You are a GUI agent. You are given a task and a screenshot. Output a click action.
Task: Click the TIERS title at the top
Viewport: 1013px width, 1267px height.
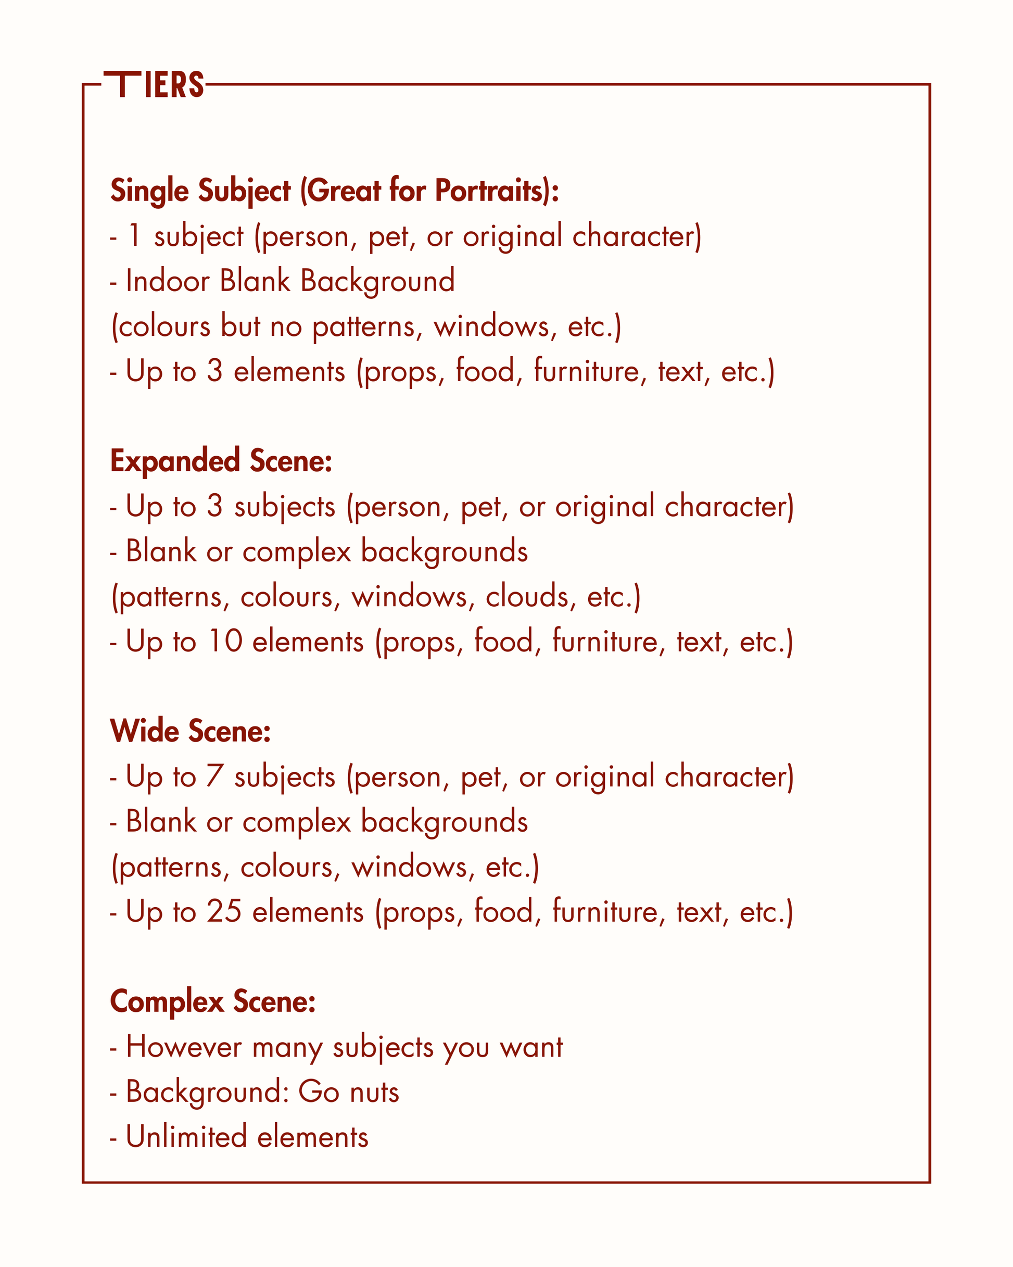(x=154, y=85)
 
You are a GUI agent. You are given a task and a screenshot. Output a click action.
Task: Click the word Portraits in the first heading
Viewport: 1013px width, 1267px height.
(x=491, y=191)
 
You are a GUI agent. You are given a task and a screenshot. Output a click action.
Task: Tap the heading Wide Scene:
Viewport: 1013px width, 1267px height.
(x=191, y=731)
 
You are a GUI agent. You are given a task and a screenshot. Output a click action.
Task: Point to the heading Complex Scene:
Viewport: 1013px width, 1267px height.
(x=213, y=1001)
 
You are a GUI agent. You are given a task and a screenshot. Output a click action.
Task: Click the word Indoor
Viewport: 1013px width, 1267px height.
(x=168, y=281)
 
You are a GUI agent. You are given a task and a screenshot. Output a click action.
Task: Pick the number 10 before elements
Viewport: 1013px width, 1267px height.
(x=225, y=641)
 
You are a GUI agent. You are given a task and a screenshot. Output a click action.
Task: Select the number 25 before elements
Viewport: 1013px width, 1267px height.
(x=224, y=911)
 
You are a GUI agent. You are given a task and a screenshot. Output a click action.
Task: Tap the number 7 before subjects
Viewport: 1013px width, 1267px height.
(x=214, y=776)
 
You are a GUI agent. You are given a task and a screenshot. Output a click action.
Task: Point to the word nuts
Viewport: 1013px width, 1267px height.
(x=374, y=1092)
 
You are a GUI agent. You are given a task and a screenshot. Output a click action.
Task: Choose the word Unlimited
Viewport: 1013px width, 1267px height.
(x=186, y=1136)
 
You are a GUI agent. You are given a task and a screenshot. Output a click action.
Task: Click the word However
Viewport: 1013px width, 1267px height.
(x=184, y=1047)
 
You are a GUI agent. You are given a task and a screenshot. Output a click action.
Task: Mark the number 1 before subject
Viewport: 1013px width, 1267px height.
(x=134, y=236)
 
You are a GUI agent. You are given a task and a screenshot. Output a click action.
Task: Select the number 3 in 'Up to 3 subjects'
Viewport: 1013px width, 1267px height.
(x=214, y=506)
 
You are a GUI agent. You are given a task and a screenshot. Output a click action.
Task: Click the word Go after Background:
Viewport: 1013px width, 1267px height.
(x=319, y=1092)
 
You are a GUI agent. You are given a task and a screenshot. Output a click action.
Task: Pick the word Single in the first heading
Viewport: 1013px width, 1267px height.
(x=149, y=191)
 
